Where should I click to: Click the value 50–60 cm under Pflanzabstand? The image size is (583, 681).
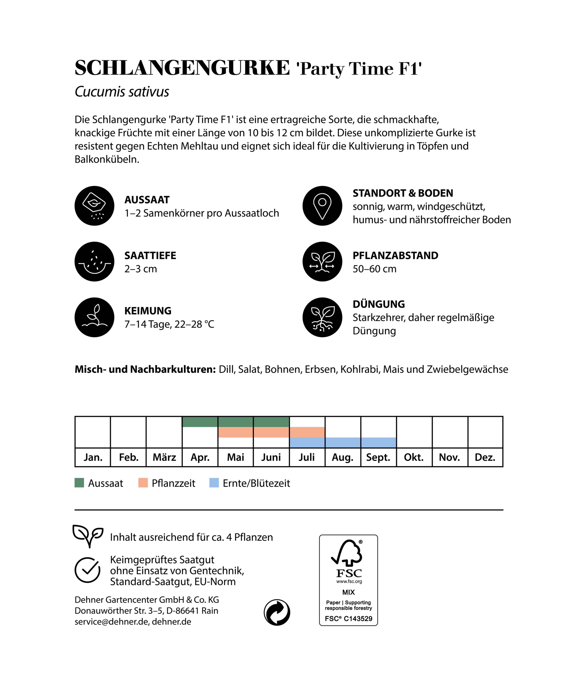tap(374, 269)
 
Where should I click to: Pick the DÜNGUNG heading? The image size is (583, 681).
tap(378, 304)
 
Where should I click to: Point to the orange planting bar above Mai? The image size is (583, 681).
tap(235, 432)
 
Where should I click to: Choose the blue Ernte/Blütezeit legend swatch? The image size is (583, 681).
tap(214, 483)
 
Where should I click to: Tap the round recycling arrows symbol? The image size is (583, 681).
tap(277, 612)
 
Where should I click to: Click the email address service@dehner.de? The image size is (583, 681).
tap(111, 622)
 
